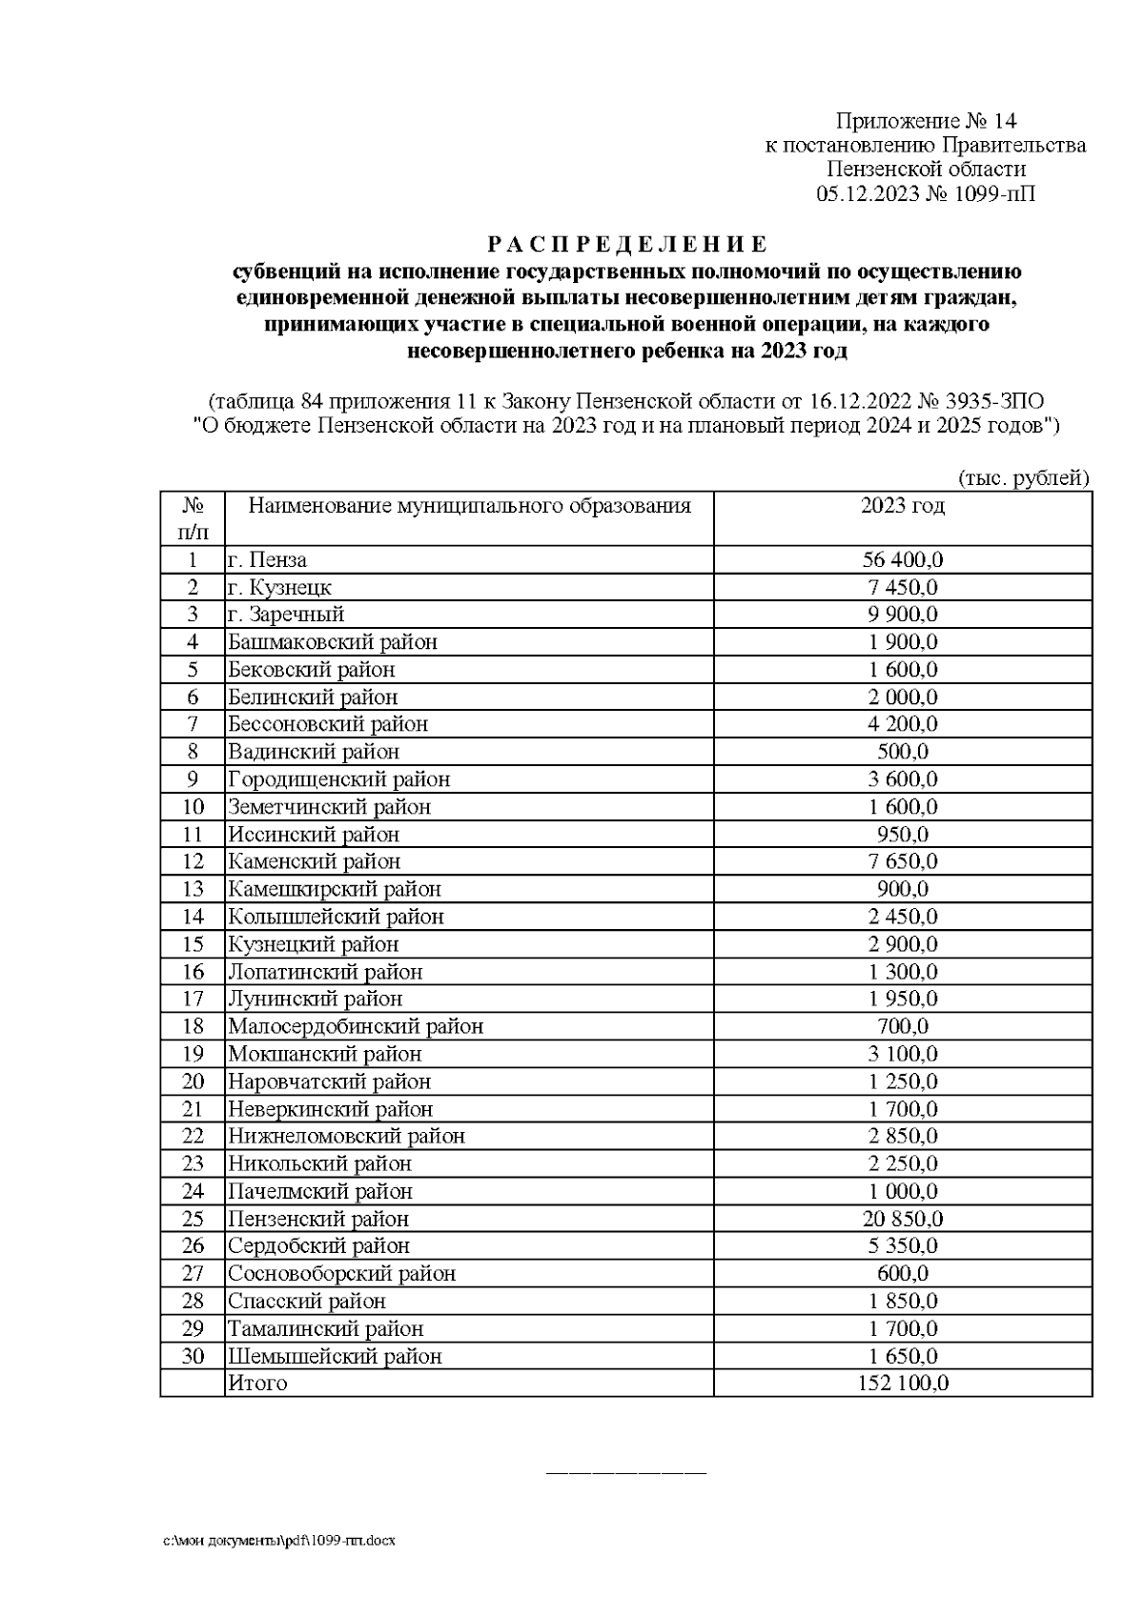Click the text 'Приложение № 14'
point(926,121)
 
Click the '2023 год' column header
point(902,506)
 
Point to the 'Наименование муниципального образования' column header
point(469,506)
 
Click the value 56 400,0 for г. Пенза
point(902,559)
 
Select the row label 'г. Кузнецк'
point(279,587)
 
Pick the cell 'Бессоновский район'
point(328,724)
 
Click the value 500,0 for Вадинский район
point(902,752)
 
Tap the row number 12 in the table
point(193,861)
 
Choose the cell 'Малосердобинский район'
point(355,1026)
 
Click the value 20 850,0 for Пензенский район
point(902,1219)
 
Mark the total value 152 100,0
point(902,1384)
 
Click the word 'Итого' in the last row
point(257,1384)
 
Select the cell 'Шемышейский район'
point(335,1356)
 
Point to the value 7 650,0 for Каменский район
point(902,861)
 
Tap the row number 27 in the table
point(193,1274)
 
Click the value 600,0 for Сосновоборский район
point(902,1274)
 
